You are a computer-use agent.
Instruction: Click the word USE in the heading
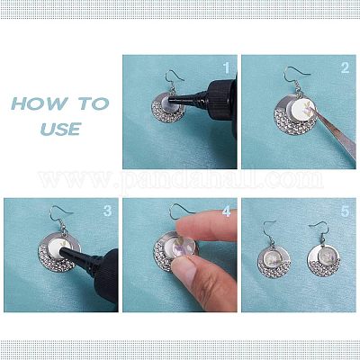click(x=61, y=129)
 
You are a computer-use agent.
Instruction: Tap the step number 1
click(x=227, y=68)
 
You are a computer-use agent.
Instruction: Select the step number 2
click(x=346, y=67)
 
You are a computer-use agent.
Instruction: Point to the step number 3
click(x=107, y=211)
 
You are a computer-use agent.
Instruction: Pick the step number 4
click(x=227, y=211)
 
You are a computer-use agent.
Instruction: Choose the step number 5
click(x=346, y=211)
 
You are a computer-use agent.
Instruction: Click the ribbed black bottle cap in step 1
click(x=221, y=100)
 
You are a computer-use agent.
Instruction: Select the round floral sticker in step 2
click(x=303, y=109)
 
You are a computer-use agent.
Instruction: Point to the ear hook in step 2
click(x=294, y=74)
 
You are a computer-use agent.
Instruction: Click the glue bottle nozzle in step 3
click(x=75, y=256)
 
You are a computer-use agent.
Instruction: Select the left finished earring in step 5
click(x=273, y=251)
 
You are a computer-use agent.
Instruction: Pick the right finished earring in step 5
click(x=323, y=249)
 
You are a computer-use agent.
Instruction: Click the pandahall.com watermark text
click(x=180, y=180)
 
